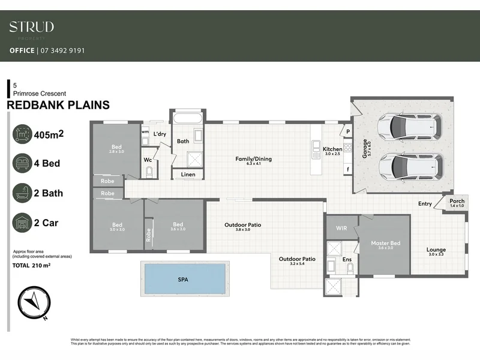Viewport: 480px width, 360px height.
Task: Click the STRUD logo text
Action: click(31, 27)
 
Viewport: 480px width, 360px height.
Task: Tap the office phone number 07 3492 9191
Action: click(61, 50)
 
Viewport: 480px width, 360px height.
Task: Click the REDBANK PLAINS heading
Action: click(58, 105)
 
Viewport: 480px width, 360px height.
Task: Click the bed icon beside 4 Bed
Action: click(22, 163)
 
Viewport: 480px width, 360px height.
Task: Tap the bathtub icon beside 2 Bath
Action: click(22, 193)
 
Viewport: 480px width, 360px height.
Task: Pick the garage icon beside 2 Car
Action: click(22, 223)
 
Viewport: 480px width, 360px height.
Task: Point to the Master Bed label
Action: click(385, 243)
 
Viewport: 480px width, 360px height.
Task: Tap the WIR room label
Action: click(341, 228)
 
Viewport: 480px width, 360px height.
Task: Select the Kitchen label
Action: click(332, 149)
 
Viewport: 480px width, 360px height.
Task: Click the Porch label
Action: click(457, 201)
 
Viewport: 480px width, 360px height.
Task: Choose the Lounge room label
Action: click(436, 250)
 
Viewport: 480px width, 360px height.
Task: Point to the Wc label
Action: click(147, 160)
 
